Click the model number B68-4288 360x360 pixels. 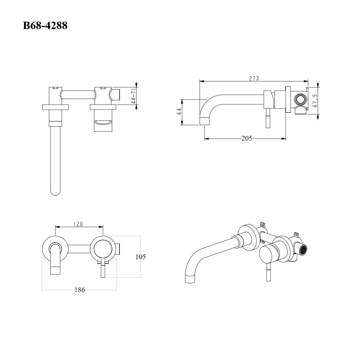pos(45,25)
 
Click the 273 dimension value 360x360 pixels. pos(254,78)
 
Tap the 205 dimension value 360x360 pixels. pos(247,138)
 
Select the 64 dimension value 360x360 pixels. pos(179,112)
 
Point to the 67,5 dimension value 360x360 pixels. pos(316,100)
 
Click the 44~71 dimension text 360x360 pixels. pos(133,96)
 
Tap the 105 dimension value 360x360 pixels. pos(140,257)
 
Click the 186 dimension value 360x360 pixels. pos(80,290)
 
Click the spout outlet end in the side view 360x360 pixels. pos(205,121)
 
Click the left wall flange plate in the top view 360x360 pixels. pos(55,107)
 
